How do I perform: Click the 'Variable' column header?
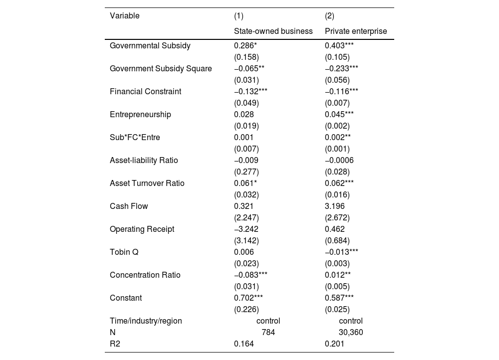(x=125, y=16)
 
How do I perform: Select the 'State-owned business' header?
(x=273, y=31)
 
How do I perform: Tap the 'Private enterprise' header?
(x=356, y=31)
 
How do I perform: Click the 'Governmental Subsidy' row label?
(x=150, y=45)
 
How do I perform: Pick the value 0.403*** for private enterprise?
(x=339, y=45)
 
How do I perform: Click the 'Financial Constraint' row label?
(x=146, y=91)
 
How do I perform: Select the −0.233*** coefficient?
(x=341, y=68)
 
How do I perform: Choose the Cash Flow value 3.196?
(x=335, y=206)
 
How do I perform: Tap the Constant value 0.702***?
(x=249, y=298)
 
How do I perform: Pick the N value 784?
(x=268, y=332)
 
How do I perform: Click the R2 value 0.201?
(x=334, y=344)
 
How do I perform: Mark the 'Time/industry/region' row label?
(x=146, y=321)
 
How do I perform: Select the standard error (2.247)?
(x=247, y=217)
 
